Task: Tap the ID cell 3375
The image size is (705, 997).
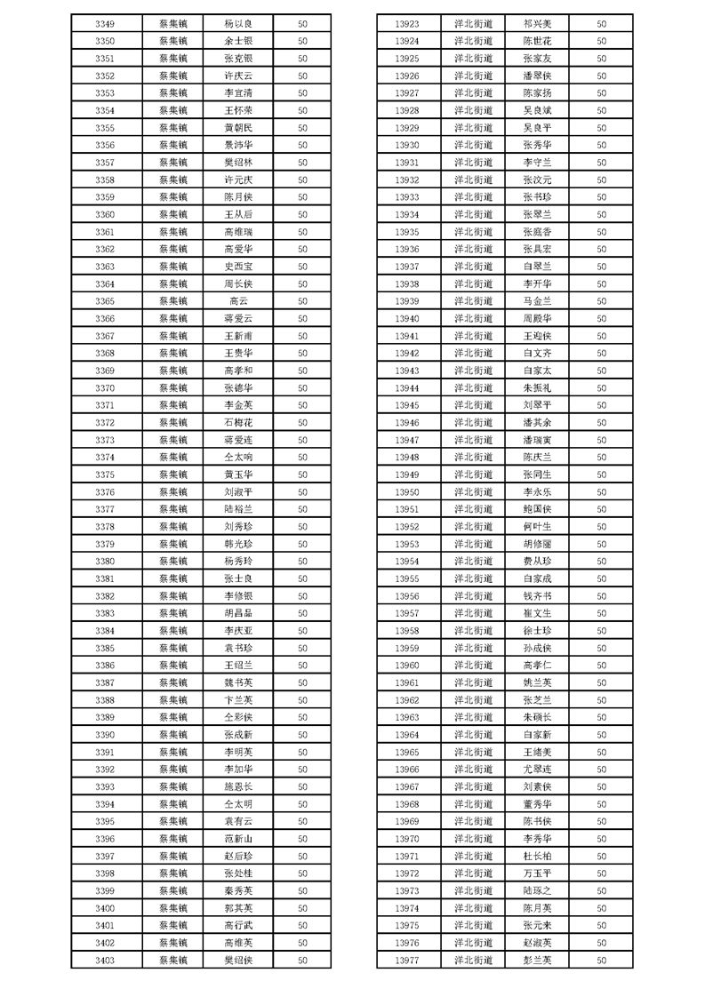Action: coord(104,475)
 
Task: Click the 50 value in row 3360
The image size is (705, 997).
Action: coord(302,215)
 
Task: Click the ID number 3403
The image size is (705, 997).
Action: coord(104,960)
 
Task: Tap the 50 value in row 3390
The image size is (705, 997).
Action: coord(302,735)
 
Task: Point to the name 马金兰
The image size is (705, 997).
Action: coord(537,301)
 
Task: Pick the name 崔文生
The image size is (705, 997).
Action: coord(537,614)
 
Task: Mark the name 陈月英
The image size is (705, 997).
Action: coord(537,908)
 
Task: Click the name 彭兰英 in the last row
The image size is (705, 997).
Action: coord(537,960)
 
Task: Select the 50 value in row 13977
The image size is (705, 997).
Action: coord(601,960)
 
